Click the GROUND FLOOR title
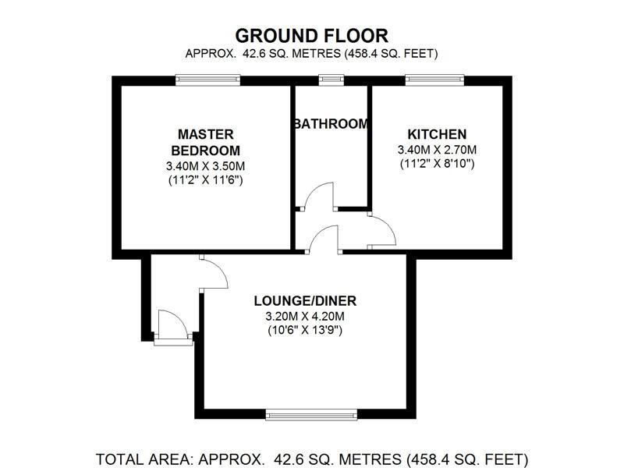tap(312, 35)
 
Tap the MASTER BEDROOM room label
tap(206, 142)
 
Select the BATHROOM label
tap(330, 124)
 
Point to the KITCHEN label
tap(436, 134)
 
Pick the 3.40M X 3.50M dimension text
tap(206, 166)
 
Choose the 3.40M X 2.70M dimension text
tap(436, 150)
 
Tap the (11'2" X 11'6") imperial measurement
tap(206, 180)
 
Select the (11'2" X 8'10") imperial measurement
tap(436, 164)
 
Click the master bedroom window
tap(207, 78)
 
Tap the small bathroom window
tap(331, 78)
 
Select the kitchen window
tap(434, 78)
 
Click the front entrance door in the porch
tap(172, 326)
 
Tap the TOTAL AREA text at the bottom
tap(312, 458)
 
